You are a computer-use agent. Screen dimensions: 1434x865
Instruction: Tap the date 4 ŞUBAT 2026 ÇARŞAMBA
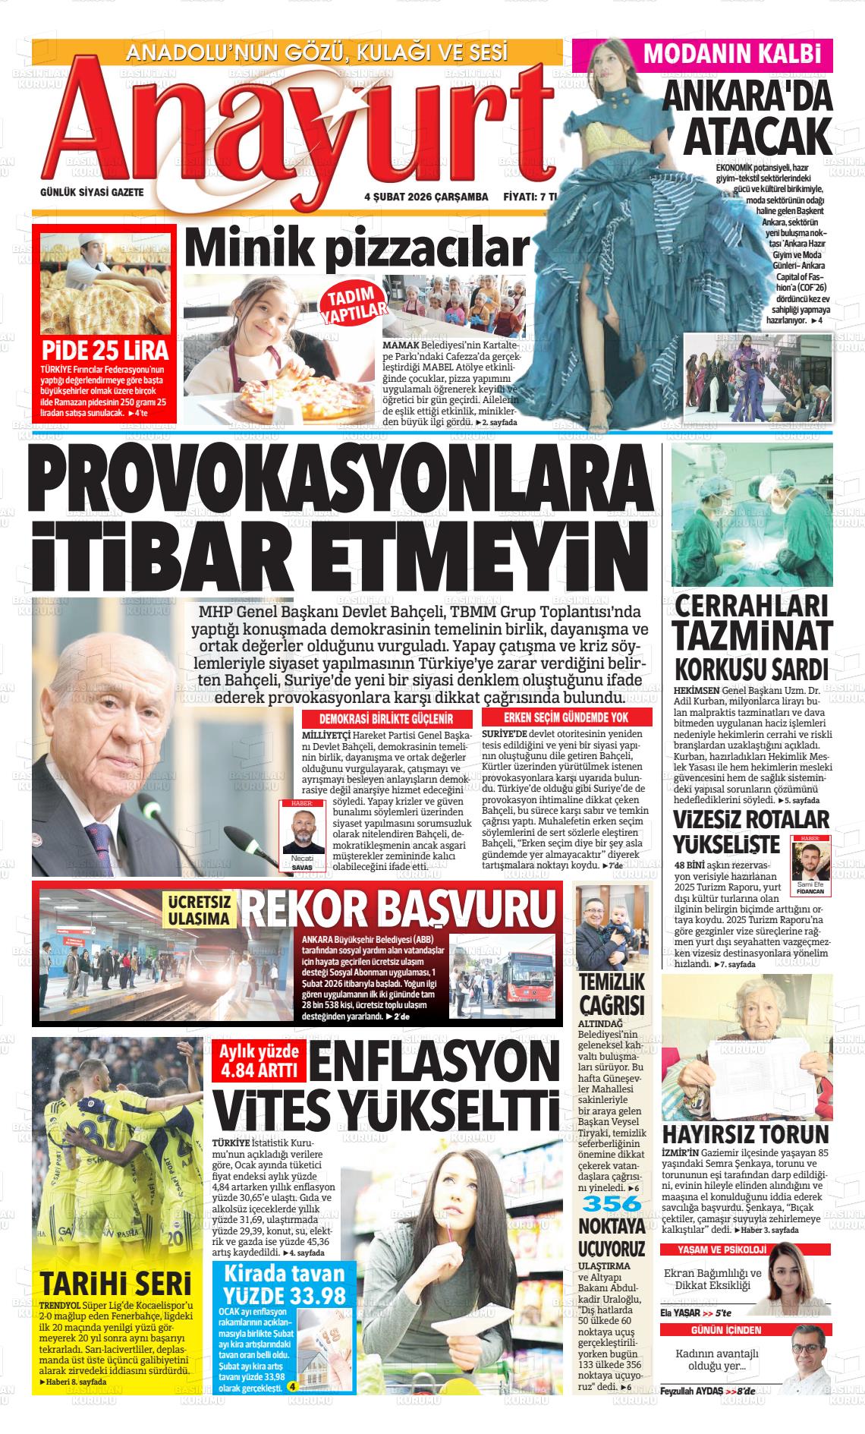click(426, 196)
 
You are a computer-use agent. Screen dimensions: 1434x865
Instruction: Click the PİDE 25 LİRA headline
click(105, 351)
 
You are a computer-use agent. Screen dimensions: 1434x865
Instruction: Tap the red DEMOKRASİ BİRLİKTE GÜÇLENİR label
click(385, 718)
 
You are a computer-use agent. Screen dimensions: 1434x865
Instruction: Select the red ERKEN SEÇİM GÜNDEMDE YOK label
click(566, 717)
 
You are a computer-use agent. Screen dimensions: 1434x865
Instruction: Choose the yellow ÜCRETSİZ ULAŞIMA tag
click(199, 910)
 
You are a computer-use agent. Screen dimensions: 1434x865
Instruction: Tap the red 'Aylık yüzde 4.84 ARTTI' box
click(253, 1060)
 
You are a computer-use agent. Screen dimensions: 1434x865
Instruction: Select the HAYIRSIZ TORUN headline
click(746, 1134)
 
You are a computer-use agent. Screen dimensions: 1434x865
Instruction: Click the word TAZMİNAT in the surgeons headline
click(751, 636)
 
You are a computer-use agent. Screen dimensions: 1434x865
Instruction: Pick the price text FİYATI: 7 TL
click(530, 196)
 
